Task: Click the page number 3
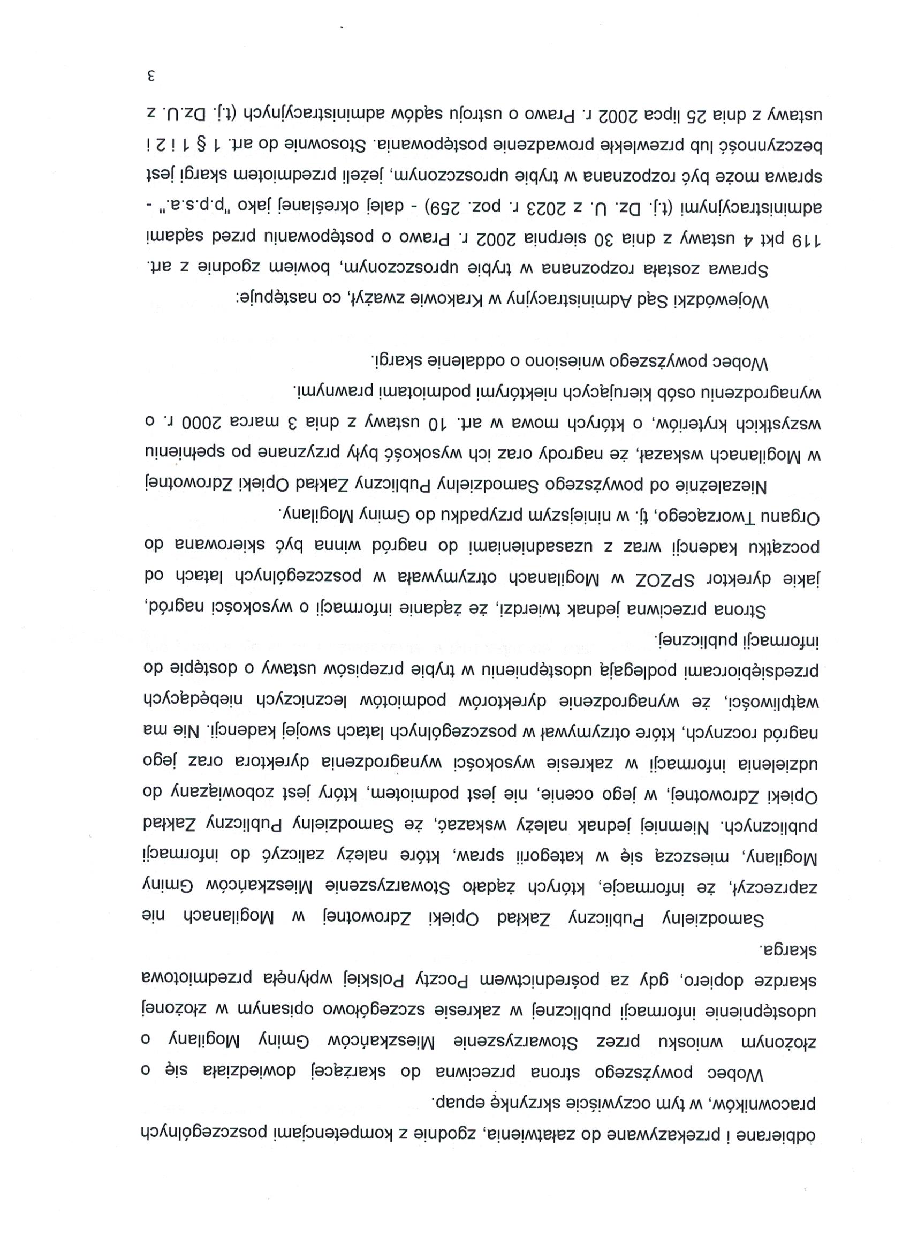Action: coord(150,75)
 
